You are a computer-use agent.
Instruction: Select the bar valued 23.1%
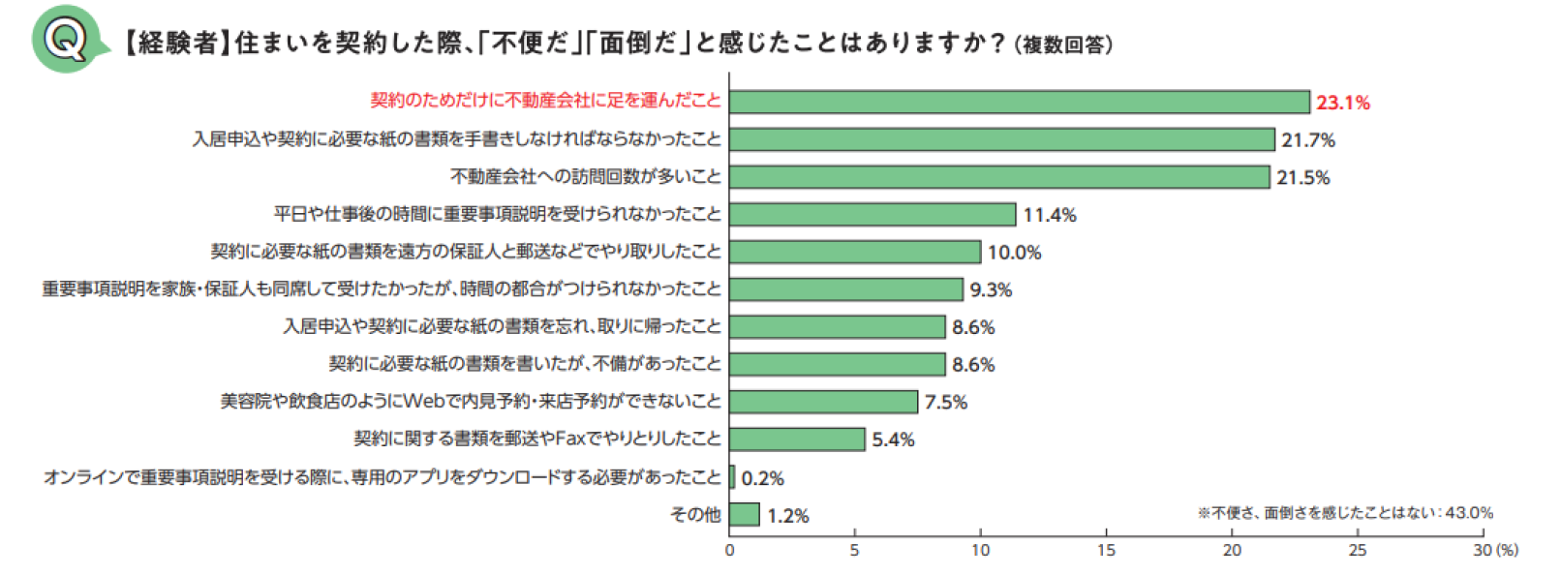(x=1019, y=102)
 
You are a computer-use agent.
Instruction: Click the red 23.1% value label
(x=1342, y=103)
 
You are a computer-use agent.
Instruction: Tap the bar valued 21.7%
(x=1001, y=139)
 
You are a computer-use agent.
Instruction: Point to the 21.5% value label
(x=1302, y=177)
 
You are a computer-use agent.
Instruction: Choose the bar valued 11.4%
(x=872, y=214)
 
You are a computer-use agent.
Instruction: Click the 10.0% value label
(x=1014, y=253)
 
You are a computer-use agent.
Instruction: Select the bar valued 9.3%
(x=846, y=289)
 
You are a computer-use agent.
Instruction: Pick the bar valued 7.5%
(x=823, y=402)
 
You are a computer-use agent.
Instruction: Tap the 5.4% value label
(x=893, y=440)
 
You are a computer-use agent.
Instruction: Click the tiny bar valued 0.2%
(x=732, y=477)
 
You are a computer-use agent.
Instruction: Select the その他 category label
(x=695, y=515)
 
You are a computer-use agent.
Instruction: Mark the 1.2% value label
(x=787, y=516)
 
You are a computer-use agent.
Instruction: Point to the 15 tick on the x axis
(x=1106, y=550)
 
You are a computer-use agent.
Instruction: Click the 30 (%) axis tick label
(x=1495, y=550)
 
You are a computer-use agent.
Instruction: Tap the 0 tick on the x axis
(x=730, y=550)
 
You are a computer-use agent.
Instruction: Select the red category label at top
(x=545, y=101)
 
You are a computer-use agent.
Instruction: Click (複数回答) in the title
(x=1063, y=45)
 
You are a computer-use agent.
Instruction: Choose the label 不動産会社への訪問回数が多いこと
(x=586, y=176)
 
